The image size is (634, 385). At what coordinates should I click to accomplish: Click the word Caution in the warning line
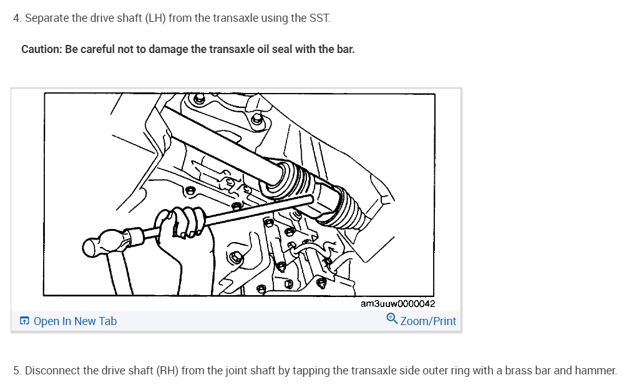coord(41,49)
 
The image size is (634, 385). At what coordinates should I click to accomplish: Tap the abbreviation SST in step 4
coord(319,17)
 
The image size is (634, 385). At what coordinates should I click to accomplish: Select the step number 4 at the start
coord(16,17)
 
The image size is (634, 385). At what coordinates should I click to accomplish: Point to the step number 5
coord(16,370)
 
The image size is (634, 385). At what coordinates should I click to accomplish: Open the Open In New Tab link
coord(75,321)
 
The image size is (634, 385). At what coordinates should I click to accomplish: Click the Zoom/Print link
coord(428,321)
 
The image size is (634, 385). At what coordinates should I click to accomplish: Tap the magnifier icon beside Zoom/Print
coord(391,319)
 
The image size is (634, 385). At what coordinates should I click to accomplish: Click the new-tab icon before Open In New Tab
coord(24,321)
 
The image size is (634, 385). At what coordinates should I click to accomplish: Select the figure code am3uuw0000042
coord(397,304)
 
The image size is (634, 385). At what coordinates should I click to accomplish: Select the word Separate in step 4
coord(47,17)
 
